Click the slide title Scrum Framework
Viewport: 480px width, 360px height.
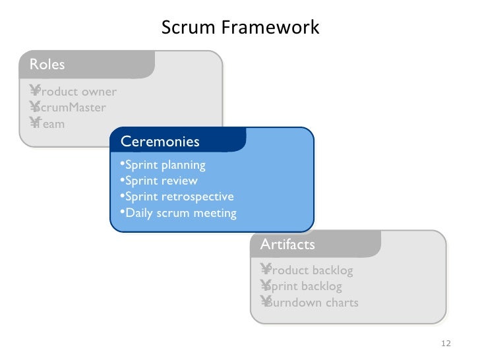[240, 28]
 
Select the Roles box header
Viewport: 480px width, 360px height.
[47, 64]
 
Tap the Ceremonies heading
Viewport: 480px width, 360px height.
[160, 142]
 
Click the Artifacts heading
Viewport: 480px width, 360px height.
[287, 245]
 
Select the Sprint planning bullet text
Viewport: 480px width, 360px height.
[165, 165]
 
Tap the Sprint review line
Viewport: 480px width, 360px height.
[161, 181]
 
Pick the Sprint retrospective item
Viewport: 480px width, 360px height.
[179, 196]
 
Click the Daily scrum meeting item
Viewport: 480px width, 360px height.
[180, 213]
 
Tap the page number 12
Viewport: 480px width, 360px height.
[445, 344]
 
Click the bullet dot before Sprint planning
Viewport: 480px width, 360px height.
[122, 164]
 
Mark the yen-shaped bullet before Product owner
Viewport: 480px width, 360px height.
[34, 91]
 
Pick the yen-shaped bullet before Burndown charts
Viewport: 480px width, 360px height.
[266, 302]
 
